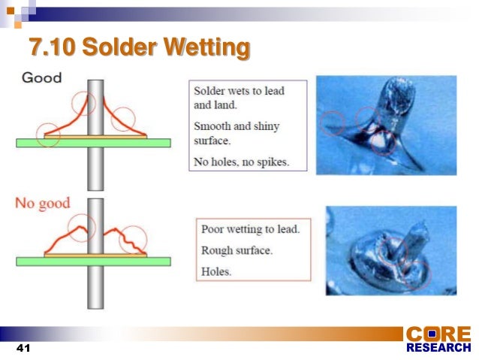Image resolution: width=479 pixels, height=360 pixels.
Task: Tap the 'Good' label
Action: tap(42, 77)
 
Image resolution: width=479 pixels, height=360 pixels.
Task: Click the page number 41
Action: tap(22, 349)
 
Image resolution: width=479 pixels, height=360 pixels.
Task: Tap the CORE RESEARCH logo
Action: tap(438, 340)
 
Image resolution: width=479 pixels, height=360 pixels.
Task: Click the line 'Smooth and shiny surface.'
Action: tap(236, 132)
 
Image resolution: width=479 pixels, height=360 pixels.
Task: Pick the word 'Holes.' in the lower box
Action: tap(217, 271)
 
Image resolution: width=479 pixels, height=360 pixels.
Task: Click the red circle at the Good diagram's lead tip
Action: tap(85, 103)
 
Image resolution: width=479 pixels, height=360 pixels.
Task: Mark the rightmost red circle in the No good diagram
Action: tap(135, 238)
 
